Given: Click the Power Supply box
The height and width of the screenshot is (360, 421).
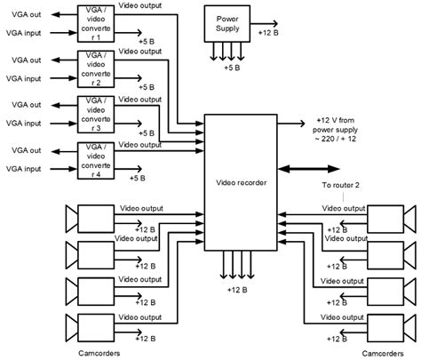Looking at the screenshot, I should click(228, 21).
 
